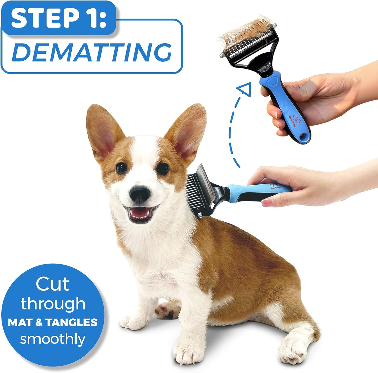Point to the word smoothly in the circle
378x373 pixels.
point(53,339)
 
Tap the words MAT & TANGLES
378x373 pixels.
point(53,322)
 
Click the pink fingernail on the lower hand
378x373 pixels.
point(266,201)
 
